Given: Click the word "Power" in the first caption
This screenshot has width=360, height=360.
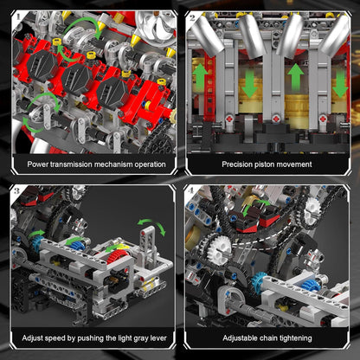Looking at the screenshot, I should [40, 164].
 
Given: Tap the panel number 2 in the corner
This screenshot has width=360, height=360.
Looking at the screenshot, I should [192, 16].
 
